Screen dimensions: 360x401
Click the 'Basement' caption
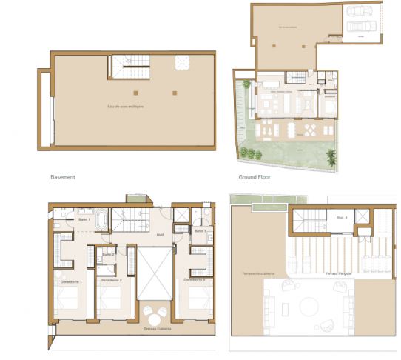63,178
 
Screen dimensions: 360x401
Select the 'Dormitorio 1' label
70,281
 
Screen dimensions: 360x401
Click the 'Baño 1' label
84,220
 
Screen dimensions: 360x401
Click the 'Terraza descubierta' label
255,274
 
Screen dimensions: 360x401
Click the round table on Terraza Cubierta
155,312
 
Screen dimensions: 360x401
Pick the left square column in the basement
135,93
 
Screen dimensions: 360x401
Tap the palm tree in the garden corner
332,158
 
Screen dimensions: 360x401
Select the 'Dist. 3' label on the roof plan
321,217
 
